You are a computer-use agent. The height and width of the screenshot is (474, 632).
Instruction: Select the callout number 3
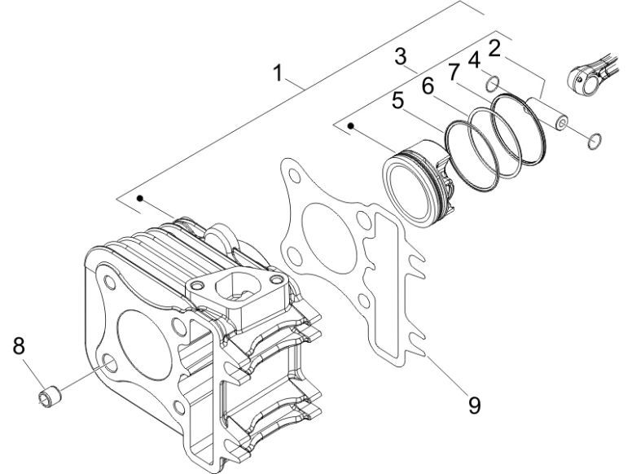[400, 57]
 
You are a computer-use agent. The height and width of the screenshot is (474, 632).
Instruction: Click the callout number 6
[427, 84]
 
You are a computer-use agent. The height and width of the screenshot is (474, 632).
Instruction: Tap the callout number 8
[17, 346]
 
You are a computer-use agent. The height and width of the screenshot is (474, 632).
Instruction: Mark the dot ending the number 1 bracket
[141, 198]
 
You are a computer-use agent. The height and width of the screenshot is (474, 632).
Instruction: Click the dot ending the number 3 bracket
[351, 125]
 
